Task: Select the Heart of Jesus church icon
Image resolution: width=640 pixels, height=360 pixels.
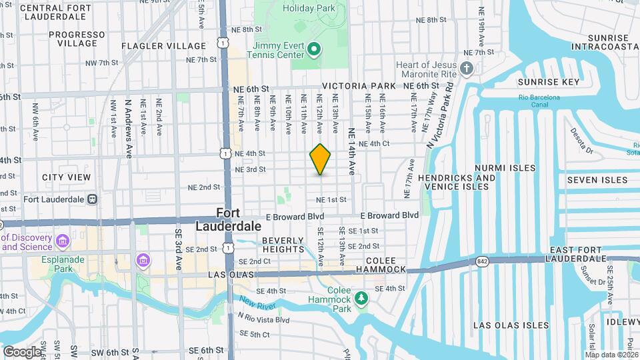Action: click(x=467, y=69)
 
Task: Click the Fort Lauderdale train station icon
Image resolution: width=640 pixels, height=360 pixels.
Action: click(x=92, y=199)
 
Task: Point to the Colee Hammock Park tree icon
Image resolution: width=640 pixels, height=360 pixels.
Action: click(x=361, y=297)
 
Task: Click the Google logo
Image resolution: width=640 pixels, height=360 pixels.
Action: click(x=21, y=351)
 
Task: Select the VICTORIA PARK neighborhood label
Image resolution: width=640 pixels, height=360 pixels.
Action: click(x=359, y=87)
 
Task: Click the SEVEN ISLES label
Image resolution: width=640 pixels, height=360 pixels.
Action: click(x=597, y=180)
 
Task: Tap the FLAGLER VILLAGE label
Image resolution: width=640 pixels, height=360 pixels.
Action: click(x=164, y=46)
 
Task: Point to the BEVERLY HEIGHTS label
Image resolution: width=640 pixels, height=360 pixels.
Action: click(x=283, y=245)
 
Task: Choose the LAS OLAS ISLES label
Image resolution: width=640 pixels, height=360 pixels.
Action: click(x=511, y=325)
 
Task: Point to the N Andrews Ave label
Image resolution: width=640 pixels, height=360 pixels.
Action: click(x=128, y=129)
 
